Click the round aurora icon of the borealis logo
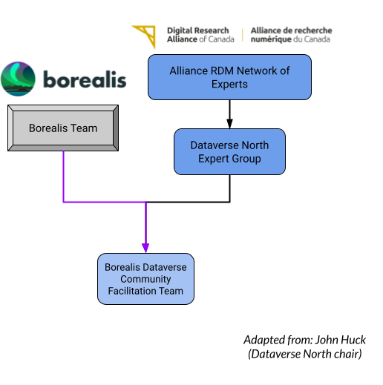[19, 79]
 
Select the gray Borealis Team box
[63, 128]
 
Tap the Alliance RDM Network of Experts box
[229, 77]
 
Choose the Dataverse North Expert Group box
[229, 151]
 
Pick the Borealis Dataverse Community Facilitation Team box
[145, 279]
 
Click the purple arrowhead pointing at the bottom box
[145, 247]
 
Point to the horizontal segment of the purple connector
[104, 201]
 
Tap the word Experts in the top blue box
[229, 85]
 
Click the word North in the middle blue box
[254, 145]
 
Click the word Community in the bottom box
[145, 279]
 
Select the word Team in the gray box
[84, 128]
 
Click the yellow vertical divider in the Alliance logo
[243, 35]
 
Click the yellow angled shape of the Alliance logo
[144, 34]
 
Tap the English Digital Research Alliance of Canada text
[200, 35]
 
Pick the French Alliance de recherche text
[291, 35]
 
